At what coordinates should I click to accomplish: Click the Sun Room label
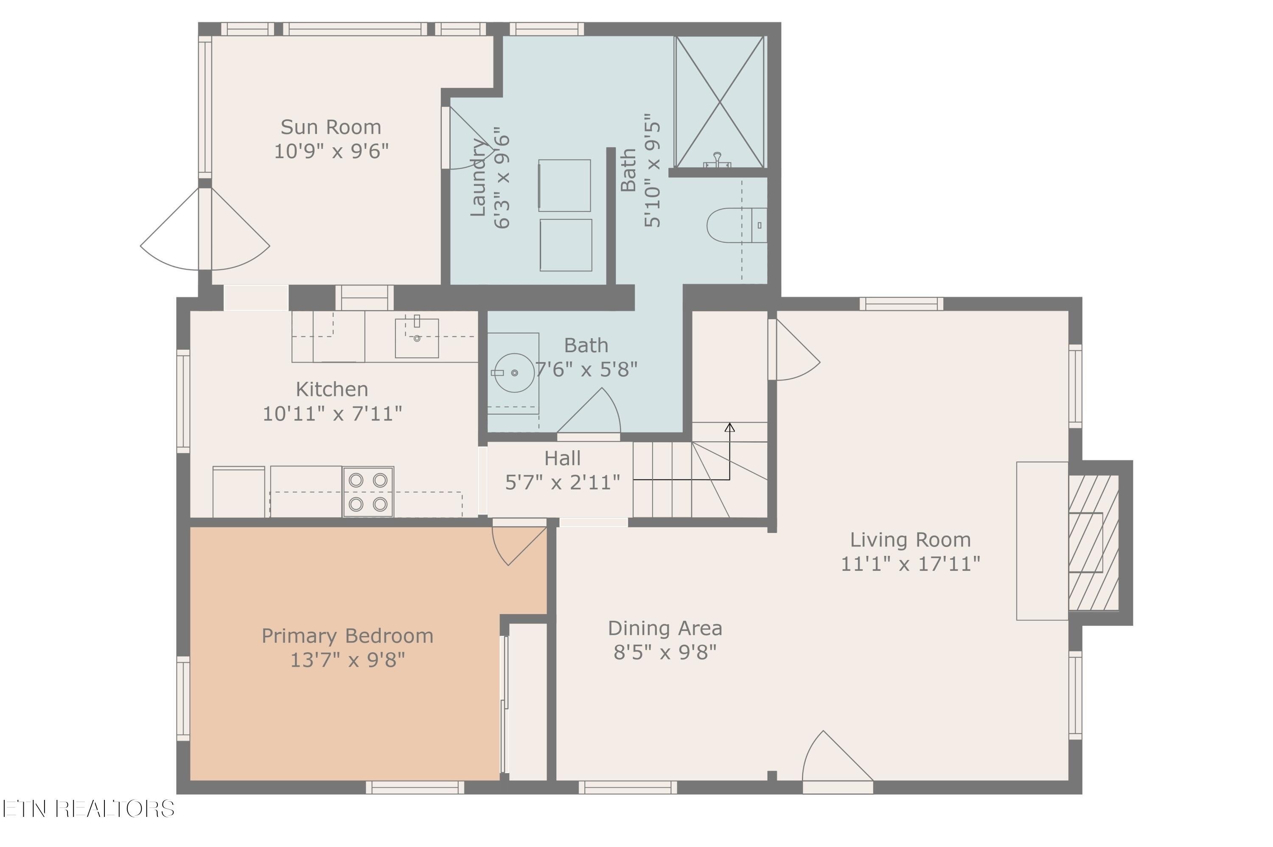click(331, 127)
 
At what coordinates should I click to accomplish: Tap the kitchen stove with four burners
click(368, 491)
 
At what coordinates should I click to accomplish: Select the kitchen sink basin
click(416, 338)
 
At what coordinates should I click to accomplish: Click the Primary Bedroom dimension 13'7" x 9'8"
click(347, 659)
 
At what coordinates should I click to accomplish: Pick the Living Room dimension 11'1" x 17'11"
click(910, 564)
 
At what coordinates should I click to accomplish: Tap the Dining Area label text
click(665, 628)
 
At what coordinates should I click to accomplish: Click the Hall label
click(562, 459)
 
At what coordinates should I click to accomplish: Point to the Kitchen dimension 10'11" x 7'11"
click(332, 414)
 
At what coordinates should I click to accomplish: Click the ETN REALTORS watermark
click(88, 809)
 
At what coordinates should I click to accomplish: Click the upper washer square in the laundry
click(564, 185)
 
